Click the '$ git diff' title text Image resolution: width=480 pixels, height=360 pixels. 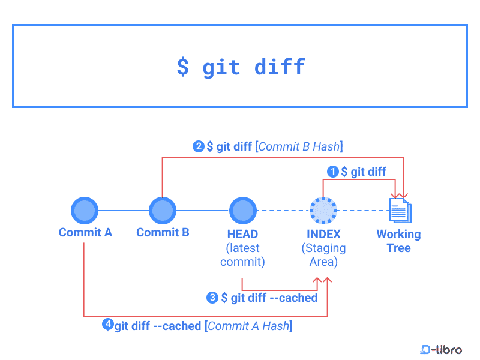tap(241, 66)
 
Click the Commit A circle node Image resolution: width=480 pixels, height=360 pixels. tap(85, 210)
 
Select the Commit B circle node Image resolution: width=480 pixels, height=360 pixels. tap(162, 210)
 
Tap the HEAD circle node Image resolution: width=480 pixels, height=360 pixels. tap(242, 210)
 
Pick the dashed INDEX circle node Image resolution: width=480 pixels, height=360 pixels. tap(323, 210)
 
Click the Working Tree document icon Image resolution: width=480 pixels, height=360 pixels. tap(400, 210)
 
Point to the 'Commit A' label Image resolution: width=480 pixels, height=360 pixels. tap(85, 232)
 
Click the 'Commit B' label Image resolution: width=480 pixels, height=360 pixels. tap(163, 232)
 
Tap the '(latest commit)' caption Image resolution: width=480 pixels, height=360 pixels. tap(242, 255)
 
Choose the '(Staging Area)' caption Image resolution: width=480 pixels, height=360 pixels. tap(323, 255)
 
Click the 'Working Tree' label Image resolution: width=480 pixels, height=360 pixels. tap(398, 241)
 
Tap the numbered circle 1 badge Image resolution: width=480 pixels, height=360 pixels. tap(333, 172)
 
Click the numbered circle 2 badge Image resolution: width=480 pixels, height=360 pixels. tap(198, 146)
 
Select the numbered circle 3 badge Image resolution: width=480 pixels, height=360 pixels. tap(212, 298)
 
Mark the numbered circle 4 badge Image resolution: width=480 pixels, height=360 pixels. tap(107, 325)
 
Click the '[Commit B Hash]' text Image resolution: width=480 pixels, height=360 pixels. tap(299, 146)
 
